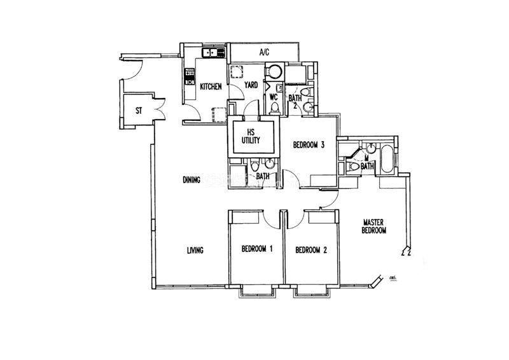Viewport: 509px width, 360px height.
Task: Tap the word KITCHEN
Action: point(211,87)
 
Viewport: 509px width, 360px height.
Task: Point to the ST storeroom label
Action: point(138,111)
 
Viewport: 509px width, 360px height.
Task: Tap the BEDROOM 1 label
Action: point(257,250)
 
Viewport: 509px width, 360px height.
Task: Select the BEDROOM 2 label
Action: point(311,250)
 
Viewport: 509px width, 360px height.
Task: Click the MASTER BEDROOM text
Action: point(374,226)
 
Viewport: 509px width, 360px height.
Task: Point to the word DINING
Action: point(190,180)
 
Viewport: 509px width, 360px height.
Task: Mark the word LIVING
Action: point(195,250)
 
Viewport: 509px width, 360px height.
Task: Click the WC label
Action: point(274,97)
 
